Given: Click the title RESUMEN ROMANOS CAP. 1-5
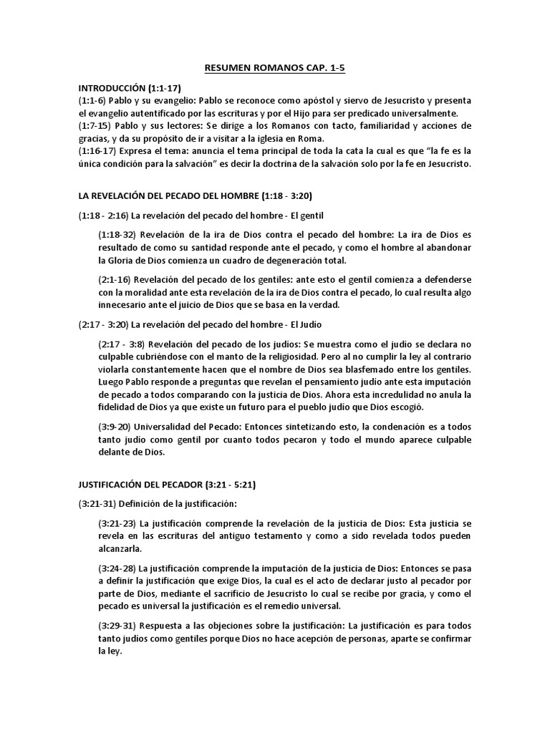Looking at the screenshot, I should [x=275, y=68].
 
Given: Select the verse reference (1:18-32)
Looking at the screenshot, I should [x=119, y=235].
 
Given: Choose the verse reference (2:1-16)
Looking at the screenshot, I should [x=117, y=279].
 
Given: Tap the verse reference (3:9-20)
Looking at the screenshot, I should [x=117, y=427].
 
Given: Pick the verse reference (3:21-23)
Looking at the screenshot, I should [x=119, y=524].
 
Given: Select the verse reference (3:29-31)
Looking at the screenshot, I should [x=119, y=626].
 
